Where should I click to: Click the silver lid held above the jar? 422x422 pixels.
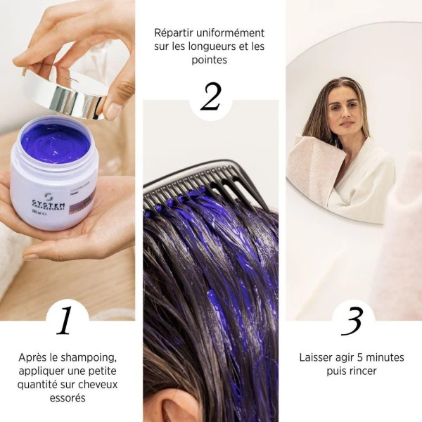[63, 92]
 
